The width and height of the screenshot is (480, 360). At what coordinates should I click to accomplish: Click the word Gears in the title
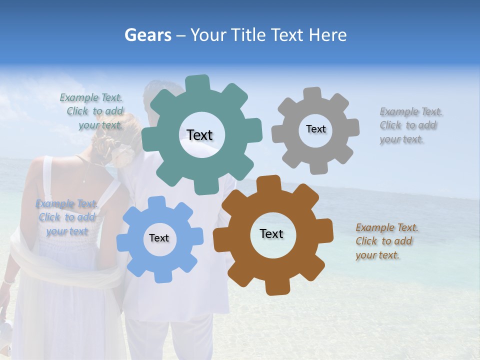click(147, 35)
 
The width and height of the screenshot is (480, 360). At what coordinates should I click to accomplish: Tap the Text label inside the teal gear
click(199, 135)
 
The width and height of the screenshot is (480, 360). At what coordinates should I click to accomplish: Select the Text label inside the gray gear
click(315, 129)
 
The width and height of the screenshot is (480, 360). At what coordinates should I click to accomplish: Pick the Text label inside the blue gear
click(159, 238)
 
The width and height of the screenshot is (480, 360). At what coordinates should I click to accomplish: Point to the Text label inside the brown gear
click(271, 234)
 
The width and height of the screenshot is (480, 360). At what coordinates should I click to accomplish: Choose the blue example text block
click(66, 217)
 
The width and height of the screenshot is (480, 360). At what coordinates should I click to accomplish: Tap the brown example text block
click(386, 241)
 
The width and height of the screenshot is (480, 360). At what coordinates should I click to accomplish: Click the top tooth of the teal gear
click(198, 83)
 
